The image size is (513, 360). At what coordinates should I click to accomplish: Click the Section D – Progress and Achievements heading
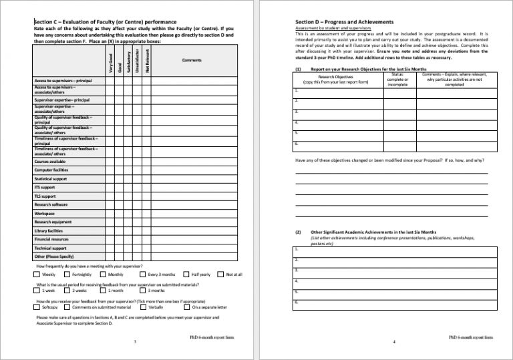point(344,22)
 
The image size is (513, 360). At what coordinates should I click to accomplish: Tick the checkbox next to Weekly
point(37,275)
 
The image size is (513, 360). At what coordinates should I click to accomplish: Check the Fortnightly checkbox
point(67,275)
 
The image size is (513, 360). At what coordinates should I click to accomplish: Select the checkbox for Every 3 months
point(142,275)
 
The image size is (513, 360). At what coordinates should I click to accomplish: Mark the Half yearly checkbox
point(186,275)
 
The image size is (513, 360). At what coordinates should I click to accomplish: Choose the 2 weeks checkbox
point(67,291)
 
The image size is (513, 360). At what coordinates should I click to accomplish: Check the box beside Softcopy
point(37,307)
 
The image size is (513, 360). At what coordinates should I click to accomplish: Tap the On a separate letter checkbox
point(186,307)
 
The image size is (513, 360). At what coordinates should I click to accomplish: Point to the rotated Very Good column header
point(110,63)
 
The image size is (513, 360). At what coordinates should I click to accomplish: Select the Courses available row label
point(50,162)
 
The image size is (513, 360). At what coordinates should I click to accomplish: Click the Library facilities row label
point(49,231)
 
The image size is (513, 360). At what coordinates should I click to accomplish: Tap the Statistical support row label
point(51,179)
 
